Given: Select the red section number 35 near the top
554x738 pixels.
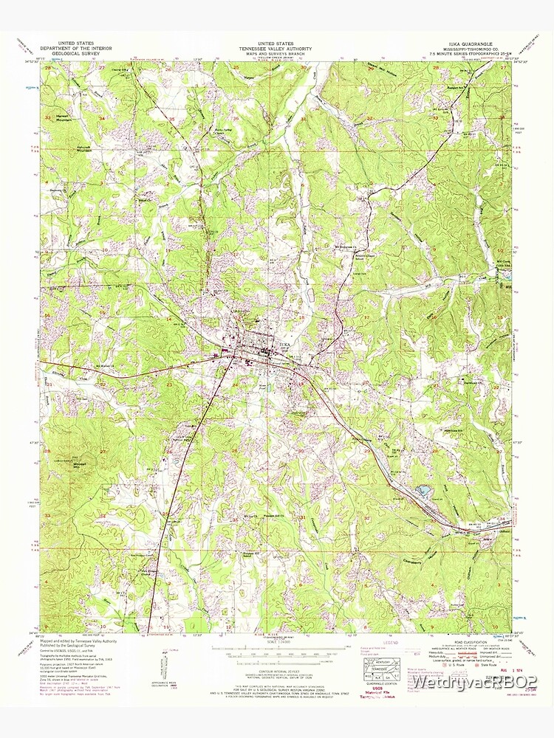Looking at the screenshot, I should point(171,119).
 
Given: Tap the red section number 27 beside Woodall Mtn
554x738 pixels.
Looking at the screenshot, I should point(103,451).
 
